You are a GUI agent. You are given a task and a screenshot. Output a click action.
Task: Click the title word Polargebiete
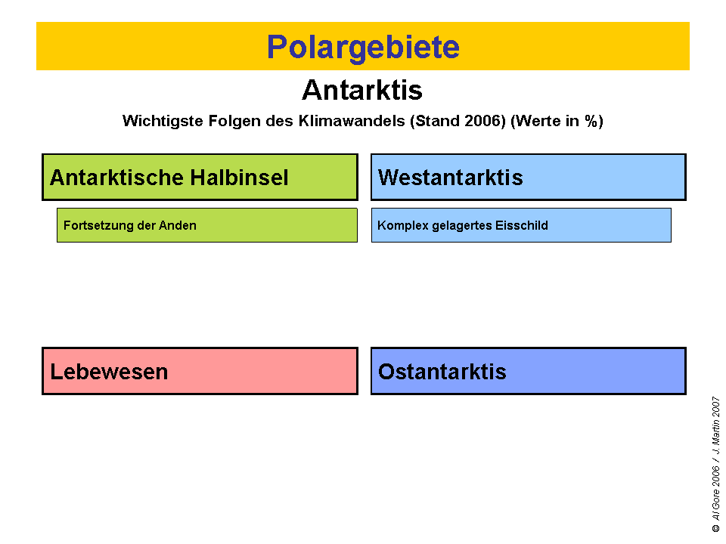click(x=363, y=47)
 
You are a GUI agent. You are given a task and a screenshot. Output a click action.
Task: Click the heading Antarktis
click(x=362, y=91)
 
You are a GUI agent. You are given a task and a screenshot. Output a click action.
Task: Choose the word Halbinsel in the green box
click(x=240, y=178)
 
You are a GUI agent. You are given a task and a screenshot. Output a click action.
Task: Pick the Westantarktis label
click(x=451, y=178)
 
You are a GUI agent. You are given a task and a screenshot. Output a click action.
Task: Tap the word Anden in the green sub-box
click(x=179, y=225)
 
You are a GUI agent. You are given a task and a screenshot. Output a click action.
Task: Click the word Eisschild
click(x=522, y=225)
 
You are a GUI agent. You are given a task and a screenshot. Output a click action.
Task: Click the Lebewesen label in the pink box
click(x=109, y=372)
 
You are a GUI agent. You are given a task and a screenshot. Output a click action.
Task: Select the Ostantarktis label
click(x=442, y=372)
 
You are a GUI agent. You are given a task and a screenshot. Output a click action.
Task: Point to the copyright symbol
click(x=715, y=529)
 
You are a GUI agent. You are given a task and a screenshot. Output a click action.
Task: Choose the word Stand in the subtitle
click(x=433, y=121)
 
